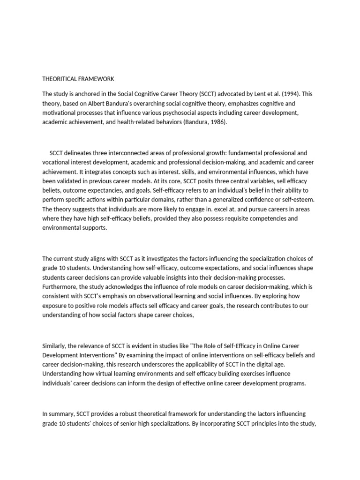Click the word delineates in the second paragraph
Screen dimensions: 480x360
(x=81, y=153)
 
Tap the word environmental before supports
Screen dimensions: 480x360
(x=62, y=228)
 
